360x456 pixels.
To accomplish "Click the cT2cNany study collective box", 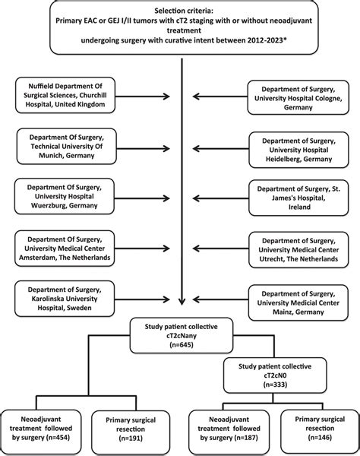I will (x=180, y=334).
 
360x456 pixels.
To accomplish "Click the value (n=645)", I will (x=180, y=346).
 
